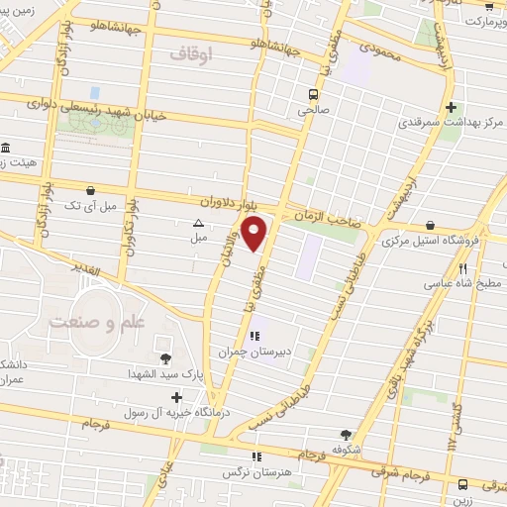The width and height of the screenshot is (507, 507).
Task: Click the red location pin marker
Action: (x=255, y=235)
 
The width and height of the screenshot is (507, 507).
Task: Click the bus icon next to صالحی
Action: (x=312, y=95)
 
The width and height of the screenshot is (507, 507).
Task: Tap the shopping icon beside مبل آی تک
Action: (x=91, y=189)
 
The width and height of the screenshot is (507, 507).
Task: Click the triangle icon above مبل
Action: (x=198, y=224)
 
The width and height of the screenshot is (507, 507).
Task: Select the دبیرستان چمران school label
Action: (x=254, y=352)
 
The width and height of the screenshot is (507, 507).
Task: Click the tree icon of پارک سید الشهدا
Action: (x=164, y=358)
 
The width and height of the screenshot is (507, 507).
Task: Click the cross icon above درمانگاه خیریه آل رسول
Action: (x=175, y=396)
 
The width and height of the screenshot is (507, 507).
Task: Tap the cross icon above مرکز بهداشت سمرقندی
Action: (x=452, y=107)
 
